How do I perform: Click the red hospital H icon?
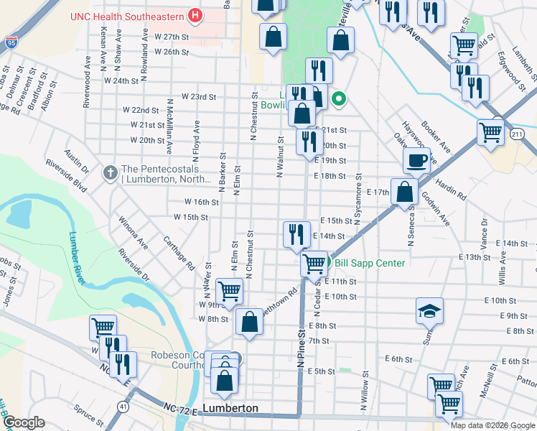194,15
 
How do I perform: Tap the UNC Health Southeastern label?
126,15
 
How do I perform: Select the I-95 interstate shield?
10,43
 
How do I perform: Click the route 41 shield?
124,407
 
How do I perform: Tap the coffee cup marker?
416,160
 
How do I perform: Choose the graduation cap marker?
429,310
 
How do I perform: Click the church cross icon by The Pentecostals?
109,172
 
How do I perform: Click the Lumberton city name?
230,408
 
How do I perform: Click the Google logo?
23,423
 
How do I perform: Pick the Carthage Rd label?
179,252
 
